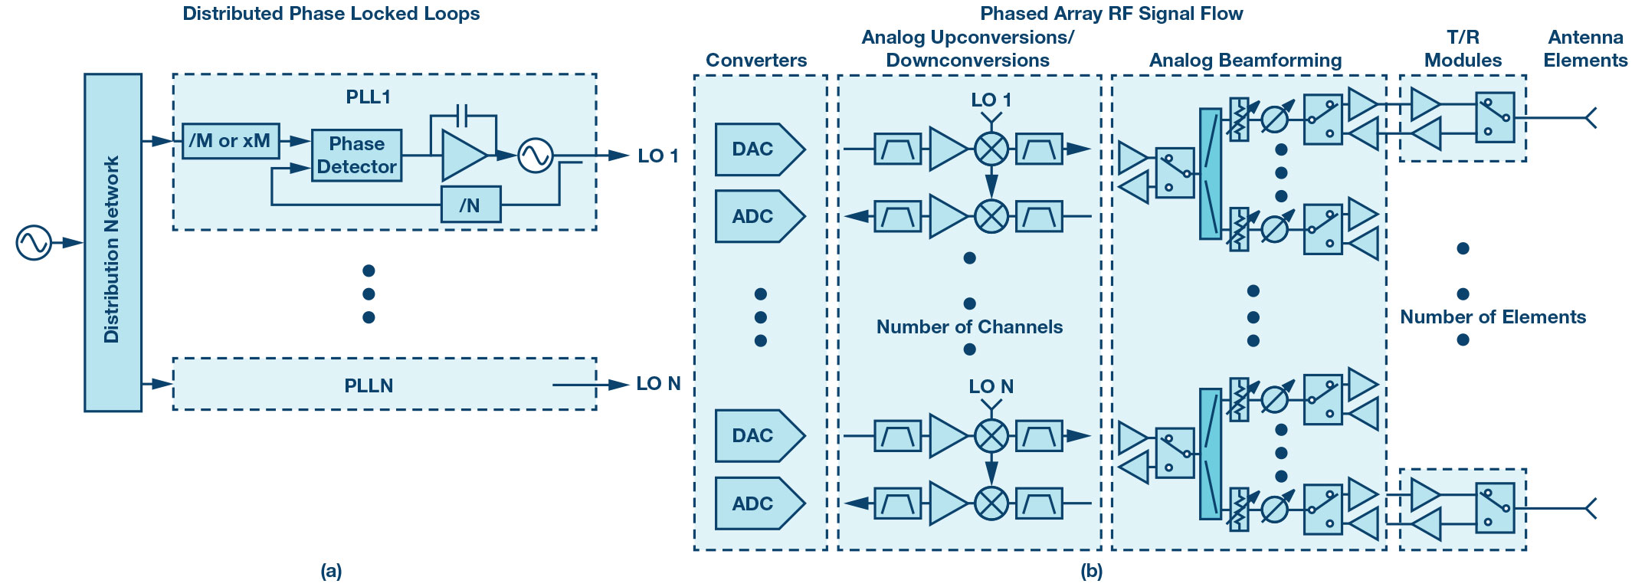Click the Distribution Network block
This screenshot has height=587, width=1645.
(x=113, y=243)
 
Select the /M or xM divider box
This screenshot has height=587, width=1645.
(x=231, y=141)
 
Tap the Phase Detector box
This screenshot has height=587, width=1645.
(x=356, y=155)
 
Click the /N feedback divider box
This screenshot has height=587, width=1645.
(x=470, y=205)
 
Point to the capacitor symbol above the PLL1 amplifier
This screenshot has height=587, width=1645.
(x=463, y=116)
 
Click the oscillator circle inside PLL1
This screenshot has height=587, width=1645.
(x=535, y=156)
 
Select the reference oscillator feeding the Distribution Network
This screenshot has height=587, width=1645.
(x=34, y=243)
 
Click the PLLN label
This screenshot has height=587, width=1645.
(x=369, y=385)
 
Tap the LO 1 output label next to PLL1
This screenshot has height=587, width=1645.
(x=658, y=156)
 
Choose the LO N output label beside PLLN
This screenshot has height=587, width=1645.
(x=658, y=383)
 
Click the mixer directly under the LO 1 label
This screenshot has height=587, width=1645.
(x=991, y=149)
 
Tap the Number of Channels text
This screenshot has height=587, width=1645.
(x=969, y=327)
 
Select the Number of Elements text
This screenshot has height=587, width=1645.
(x=1493, y=317)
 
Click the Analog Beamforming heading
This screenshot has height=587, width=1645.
(x=1245, y=61)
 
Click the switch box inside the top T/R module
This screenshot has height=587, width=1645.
(x=1495, y=118)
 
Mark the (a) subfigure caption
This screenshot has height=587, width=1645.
(x=331, y=570)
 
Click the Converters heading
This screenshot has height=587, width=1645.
(x=756, y=61)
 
